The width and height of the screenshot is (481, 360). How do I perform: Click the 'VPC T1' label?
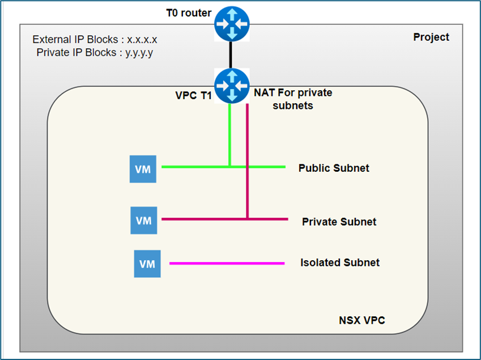pyautogui.click(x=193, y=96)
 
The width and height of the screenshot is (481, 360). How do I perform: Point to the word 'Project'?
pyautogui.click(x=431, y=37)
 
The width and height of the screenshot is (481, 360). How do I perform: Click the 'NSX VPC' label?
pyautogui.click(x=361, y=321)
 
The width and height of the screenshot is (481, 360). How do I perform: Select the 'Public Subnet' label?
pyautogui.click(x=334, y=168)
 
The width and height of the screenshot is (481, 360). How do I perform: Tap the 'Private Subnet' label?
pyautogui.click(x=339, y=222)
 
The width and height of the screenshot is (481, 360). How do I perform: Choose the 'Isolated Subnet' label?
pyautogui.click(x=340, y=262)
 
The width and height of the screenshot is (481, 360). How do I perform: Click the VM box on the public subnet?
pyautogui.click(x=143, y=169)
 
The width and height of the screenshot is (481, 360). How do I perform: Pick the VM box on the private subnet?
pyautogui.click(x=144, y=221)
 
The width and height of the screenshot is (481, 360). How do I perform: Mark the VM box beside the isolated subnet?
pyautogui.click(x=147, y=264)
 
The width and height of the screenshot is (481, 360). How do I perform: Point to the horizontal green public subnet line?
pyautogui.click(x=193, y=167)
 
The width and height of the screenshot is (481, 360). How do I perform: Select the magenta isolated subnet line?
pyautogui.click(x=227, y=263)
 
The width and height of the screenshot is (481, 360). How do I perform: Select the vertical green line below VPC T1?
pyautogui.click(x=229, y=136)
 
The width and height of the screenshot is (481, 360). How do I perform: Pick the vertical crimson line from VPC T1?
pyautogui.click(x=248, y=159)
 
